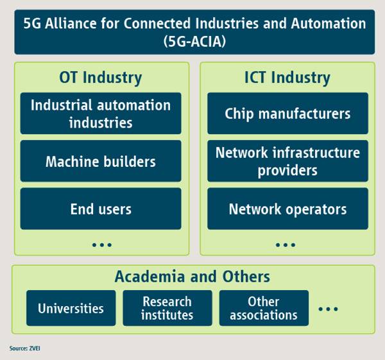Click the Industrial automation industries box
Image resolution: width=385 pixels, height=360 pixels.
click(x=101, y=113)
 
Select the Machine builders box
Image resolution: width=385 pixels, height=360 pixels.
click(x=101, y=161)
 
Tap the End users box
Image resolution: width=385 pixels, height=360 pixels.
click(x=101, y=209)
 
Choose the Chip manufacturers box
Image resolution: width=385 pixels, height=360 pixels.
click(x=287, y=113)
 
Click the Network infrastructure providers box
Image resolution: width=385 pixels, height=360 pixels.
click(x=287, y=161)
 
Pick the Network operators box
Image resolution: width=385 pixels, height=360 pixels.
click(x=287, y=209)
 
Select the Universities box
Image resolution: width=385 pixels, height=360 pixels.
click(x=71, y=308)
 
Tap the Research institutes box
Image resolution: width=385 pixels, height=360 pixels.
click(x=167, y=308)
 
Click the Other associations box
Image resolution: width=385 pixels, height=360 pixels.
click(x=264, y=308)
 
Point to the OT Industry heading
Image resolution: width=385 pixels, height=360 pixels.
click(x=101, y=78)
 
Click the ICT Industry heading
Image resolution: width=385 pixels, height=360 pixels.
click(x=287, y=78)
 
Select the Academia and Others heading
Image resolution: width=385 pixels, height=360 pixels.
click(x=193, y=277)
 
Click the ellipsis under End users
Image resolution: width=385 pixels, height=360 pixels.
click(x=102, y=245)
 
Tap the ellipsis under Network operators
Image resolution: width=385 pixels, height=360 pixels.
click(x=286, y=245)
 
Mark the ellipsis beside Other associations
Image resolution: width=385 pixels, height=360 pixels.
click(x=328, y=309)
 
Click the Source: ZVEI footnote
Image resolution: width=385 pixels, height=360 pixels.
click(x=25, y=348)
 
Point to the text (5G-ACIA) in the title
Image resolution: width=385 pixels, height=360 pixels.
click(x=194, y=41)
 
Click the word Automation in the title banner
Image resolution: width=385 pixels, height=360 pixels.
click(x=329, y=24)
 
